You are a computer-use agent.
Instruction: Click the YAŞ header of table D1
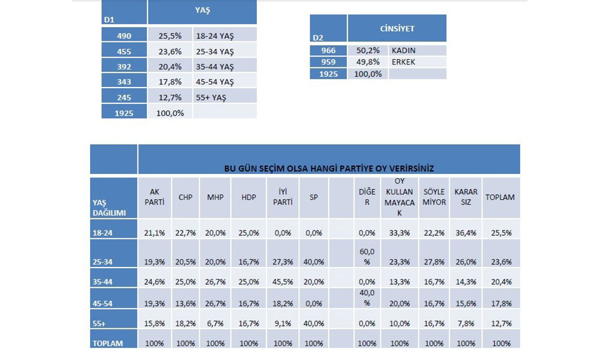click(202, 10)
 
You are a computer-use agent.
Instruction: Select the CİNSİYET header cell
click(397, 28)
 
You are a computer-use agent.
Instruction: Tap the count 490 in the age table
click(124, 35)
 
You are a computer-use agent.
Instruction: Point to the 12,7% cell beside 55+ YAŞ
click(170, 97)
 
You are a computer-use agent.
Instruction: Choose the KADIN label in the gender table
click(403, 50)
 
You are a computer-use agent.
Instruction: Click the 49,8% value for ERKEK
click(368, 62)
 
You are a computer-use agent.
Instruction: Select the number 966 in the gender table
click(328, 50)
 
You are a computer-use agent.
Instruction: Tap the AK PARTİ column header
click(154, 197)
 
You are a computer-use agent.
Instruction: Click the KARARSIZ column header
click(466, 197)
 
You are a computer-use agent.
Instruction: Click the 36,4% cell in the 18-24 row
click(466, 233)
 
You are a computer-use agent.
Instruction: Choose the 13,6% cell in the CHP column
click(185, 303)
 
